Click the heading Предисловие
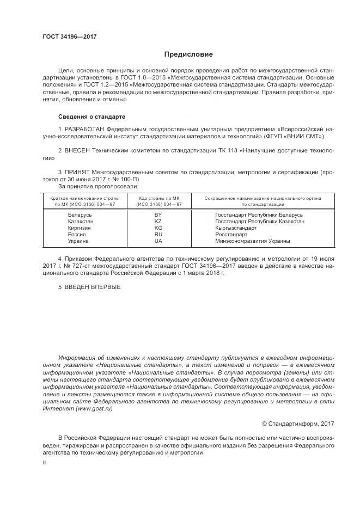point(188,54)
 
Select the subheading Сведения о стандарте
point(92,116)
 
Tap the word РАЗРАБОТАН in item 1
point(85,128)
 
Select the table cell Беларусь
point(80,215)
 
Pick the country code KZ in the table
point(158,222)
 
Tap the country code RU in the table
point(158,234)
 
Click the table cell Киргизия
point(80,228)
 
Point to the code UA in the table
point(158,241)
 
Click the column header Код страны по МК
point(158,198)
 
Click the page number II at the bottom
point(44,462)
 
